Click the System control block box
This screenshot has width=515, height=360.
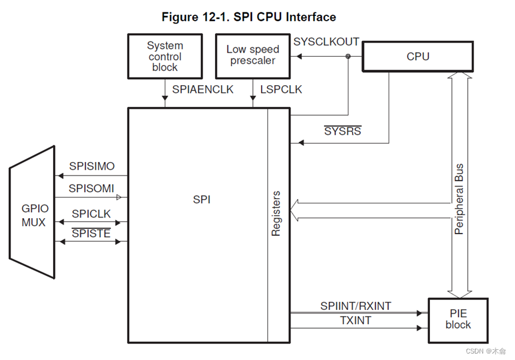coord(165,56)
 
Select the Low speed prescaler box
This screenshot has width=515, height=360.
coord(253,56)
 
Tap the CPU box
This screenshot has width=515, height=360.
coord(418,57)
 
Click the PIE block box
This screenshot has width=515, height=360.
coord(458,319)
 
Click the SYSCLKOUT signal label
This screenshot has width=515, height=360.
coord(326,42)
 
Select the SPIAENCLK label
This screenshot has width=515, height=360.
coord(203,90)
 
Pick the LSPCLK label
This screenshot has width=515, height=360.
coord(281,90)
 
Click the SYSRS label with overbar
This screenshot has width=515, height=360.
coord(343,131)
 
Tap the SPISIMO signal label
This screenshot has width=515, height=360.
coord(92,167)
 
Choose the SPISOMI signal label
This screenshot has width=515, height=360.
coord(92,188)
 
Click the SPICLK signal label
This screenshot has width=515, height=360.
coord(91,213)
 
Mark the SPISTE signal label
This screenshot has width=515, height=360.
coord(91,233)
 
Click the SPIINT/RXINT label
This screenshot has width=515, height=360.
coord(356,306)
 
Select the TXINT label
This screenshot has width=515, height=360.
coord(356,320)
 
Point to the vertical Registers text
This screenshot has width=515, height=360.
coord(276,214)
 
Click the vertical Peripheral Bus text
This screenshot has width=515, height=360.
coord(459,199)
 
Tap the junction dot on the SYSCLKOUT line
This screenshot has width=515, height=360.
coord(348,57)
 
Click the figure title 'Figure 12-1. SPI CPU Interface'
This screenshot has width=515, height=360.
coord(249,17)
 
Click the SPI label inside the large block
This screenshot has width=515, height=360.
coord(201,200)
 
